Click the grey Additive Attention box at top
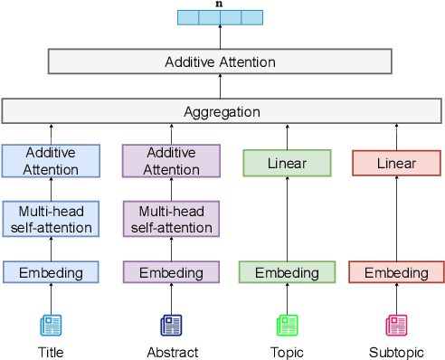pos(220,62)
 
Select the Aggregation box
pos(222,112)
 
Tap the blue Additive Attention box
pos(51,161)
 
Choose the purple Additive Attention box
pos(172,161)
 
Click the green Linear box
pos(287,164)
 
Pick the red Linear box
pos(396,164)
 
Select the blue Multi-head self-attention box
pos(51,219)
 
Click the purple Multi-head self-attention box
pos(172,219)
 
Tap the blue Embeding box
pos(51,272)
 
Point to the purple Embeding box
pos(172,272)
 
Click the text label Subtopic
pos(395,352)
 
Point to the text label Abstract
pos(172,352)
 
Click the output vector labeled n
pos(220,17)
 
